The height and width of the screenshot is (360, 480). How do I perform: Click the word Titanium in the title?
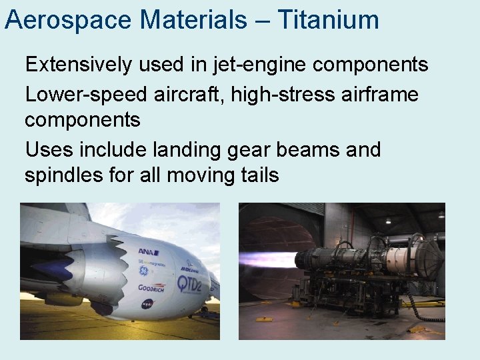click(327, 19)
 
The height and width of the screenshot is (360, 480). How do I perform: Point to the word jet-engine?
click(257, 65)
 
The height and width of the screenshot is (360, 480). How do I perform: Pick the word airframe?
click(382, 95)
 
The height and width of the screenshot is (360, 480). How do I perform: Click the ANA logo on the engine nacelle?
click(145, 251)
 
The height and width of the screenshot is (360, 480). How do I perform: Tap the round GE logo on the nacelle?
click(141, 271)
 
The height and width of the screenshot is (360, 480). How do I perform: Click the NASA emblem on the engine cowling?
click(147, 304)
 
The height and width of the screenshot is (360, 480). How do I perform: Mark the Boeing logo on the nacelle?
click(189, 269)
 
